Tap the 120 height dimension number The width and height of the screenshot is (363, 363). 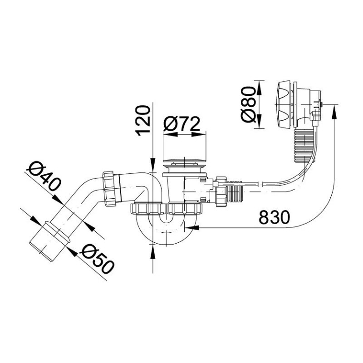(143, 121)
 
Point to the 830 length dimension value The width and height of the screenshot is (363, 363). (274, 217)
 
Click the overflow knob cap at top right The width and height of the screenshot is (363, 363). (284, 104)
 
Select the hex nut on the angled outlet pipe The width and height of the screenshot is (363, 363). (111, 188)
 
